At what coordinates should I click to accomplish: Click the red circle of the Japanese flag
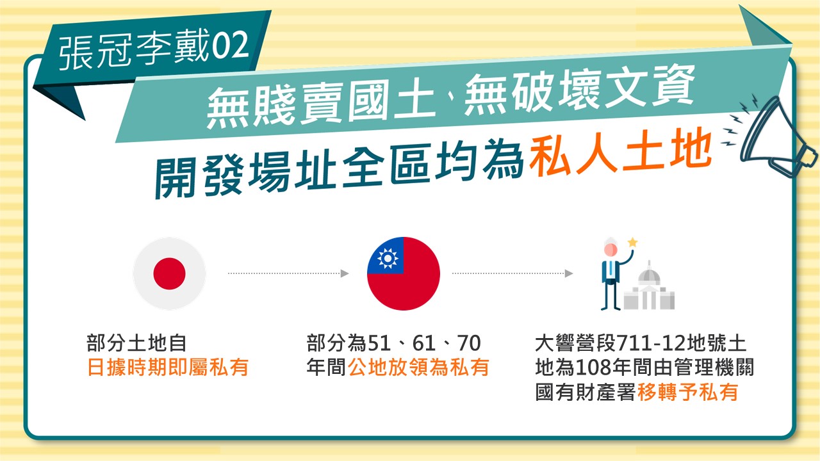(169, 273)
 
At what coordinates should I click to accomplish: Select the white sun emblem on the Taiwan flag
(388, 258)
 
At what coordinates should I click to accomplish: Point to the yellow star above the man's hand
(632, 242)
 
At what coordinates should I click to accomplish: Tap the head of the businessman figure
(611, 248)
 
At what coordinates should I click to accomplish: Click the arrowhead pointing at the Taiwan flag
(345, 273)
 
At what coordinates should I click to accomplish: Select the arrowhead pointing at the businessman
(569, 273)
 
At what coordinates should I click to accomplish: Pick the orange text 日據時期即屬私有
(168, 368)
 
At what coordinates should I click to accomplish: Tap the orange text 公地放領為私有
(418, 368)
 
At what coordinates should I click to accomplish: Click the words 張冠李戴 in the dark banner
(135, 50)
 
